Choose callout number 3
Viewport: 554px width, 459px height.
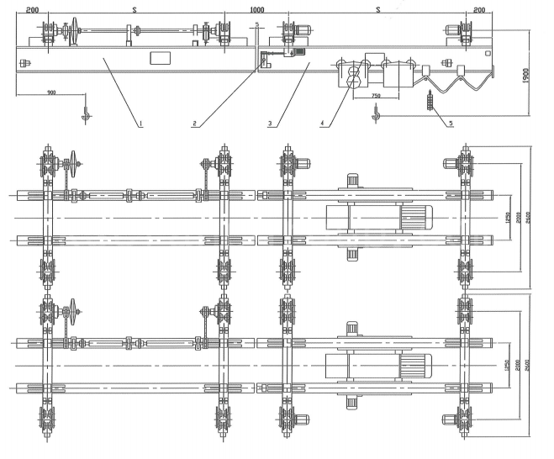[x=270, y=124]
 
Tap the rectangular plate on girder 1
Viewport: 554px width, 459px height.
[x=161, y=58]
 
